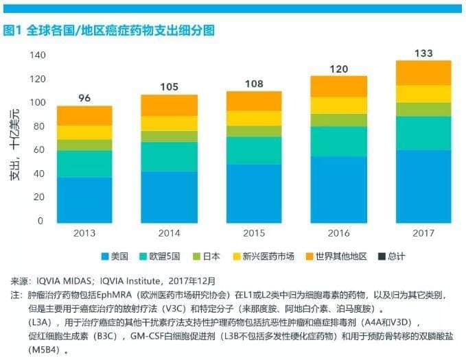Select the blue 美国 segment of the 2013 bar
84,200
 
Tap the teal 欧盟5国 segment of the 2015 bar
254,150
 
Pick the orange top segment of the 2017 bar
423,73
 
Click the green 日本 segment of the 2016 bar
338,120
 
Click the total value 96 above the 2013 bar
84,98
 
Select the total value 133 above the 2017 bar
423,53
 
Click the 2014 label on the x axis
169,232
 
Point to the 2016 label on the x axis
338,232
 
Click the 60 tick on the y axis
39,150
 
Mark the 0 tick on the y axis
41,221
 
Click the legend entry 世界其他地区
336,256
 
